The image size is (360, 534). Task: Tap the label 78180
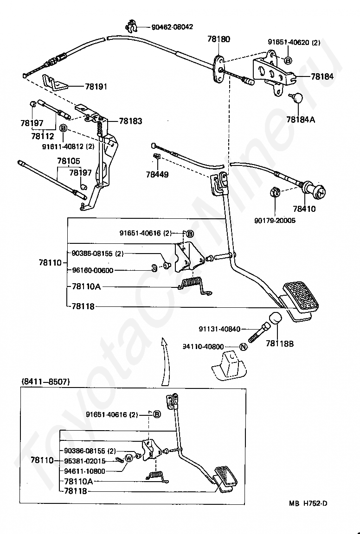tap(219, 39)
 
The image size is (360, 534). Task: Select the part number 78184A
tap(301, 120)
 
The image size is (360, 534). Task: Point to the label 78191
tap(96, 87)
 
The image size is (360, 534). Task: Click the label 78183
tap(130, 121)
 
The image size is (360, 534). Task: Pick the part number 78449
tap(157, 175)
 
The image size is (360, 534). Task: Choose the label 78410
tap(304, 209)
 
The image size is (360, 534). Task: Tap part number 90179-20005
tap(275, 221)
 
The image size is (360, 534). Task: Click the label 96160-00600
tap(93, 270)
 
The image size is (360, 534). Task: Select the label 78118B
tap(280, 343)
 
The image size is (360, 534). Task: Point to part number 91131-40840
tap(219, 329)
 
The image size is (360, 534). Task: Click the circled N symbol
tap(243, 347)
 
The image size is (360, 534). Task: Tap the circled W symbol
tap(129, 458)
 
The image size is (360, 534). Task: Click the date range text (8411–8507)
tap(45, 382)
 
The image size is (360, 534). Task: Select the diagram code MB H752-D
tap(308, 503)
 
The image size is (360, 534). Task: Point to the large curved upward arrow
tap(166, 362)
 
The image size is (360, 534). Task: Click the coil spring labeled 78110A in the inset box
tap(157, 476)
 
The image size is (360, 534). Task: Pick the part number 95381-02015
tap(85, 461)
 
